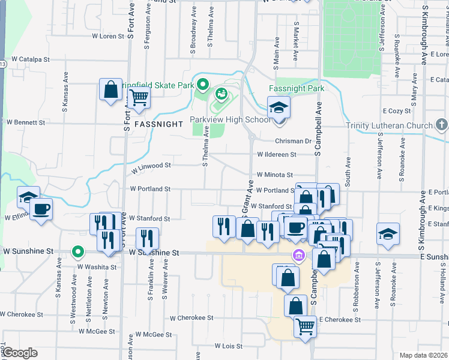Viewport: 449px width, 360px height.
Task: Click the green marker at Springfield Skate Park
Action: coord(203,85)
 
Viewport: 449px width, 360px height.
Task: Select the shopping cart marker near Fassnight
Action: coord(139,96)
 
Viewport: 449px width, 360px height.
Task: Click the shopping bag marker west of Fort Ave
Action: coord(111,91)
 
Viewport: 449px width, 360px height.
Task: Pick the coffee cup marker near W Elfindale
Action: coord(41,209)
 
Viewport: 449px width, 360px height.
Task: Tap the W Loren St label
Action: coord(107,36)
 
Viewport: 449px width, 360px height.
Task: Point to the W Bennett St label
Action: coord(26,122)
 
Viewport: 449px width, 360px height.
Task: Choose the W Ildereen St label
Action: coord(277,154)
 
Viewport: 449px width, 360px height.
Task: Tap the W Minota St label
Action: coord(274,175)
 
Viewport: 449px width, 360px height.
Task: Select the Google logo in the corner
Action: coord(19,353)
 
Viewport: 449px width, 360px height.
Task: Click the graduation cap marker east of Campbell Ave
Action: coord(388,234)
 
